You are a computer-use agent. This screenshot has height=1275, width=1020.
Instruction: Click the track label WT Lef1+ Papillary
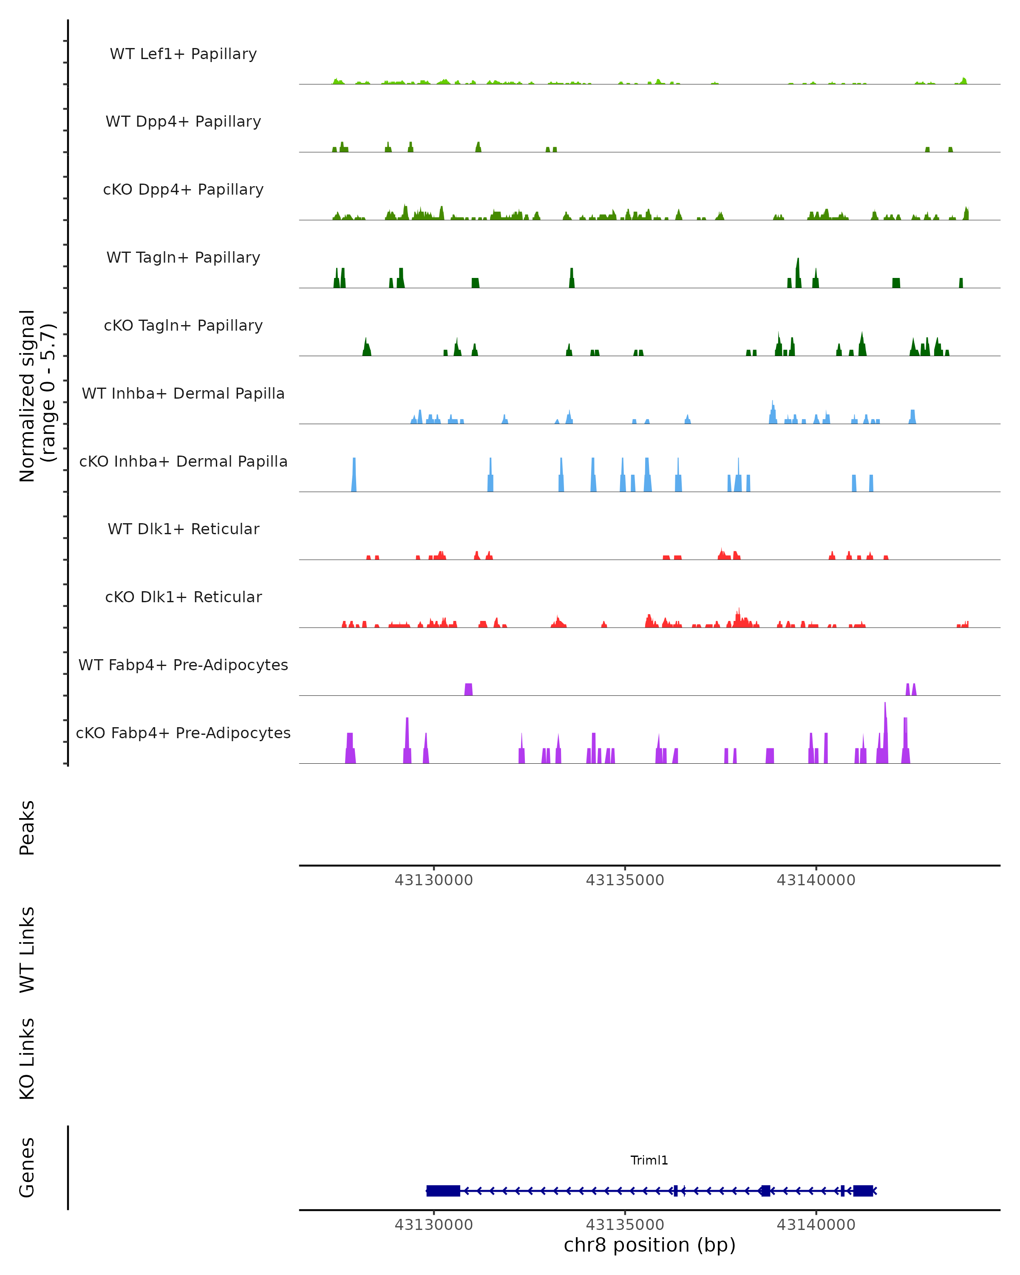pos(183,54)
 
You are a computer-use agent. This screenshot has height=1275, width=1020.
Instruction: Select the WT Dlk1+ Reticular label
pos(183,529)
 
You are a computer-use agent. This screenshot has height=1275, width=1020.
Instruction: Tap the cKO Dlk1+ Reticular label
pos(183,597)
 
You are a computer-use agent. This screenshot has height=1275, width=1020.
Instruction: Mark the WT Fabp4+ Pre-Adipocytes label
pos(183,665)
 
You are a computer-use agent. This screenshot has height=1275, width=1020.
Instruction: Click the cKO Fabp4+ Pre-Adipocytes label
pos(183,733)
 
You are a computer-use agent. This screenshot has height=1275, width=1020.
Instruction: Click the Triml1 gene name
pos(649,1160)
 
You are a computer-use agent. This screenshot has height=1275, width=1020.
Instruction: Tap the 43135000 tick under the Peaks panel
pos(625,880)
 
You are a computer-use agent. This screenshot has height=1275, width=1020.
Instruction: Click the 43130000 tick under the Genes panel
pos(434,1225)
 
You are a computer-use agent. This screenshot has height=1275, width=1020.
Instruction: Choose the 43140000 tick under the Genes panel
pos(816,1225)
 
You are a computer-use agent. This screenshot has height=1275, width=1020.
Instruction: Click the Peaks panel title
pos(27,828)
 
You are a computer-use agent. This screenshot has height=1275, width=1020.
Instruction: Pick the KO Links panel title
pos(27,1059)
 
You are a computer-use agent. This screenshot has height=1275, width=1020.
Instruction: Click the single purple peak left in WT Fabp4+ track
pos(468,689)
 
